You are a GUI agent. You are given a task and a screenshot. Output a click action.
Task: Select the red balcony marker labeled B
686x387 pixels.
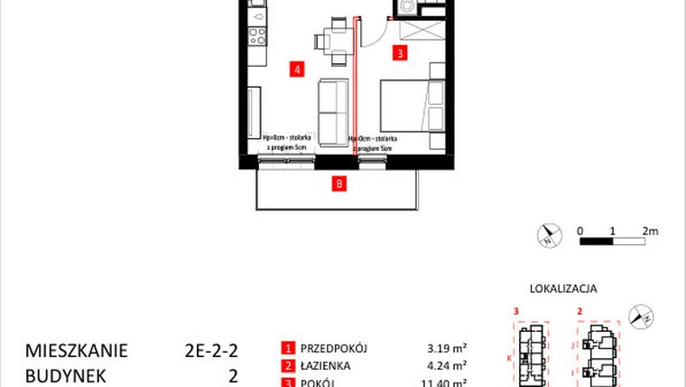(338, 185)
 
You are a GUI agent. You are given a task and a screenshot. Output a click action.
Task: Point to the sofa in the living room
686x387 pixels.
(334, 108)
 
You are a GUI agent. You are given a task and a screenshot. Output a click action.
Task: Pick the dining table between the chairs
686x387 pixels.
(334, 42)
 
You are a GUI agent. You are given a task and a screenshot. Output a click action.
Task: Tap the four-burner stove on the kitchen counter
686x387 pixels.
(256, 37)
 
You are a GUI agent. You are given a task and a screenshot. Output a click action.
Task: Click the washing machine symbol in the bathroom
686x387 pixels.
(407, 7)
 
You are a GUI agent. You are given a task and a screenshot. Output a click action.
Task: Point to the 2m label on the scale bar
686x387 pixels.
(650, 231)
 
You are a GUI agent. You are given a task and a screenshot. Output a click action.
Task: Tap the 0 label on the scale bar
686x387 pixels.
(580, 231)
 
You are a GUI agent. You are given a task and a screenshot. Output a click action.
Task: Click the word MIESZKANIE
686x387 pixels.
(77, 350)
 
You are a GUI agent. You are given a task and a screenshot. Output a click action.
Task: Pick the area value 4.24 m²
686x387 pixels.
(446, 366)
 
